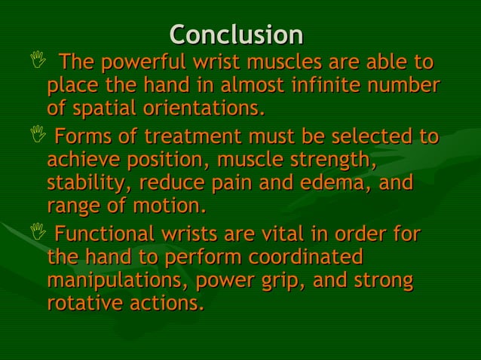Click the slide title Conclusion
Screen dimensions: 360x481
[x=236, y=35]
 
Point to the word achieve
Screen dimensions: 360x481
[x=82, y=161]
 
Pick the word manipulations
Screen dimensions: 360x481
[x=116, y=280]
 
